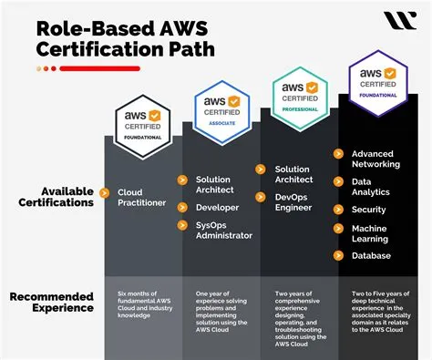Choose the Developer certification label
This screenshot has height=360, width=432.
point(220,208)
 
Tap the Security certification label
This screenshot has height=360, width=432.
point(369,209)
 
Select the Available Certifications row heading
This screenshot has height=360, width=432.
point(59,197)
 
